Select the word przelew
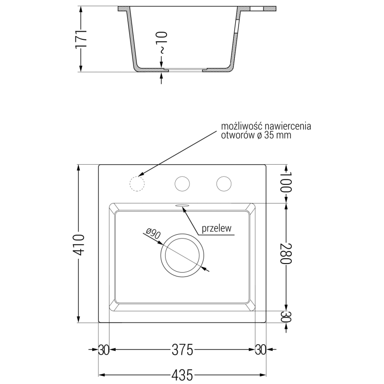pos(217,228)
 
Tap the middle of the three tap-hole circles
pos(182,183)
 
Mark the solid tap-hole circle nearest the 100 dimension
pos(223,183)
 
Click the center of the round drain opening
pos(182,254)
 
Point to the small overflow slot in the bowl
pos(182,205)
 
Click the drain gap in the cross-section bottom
pos(185,70)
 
